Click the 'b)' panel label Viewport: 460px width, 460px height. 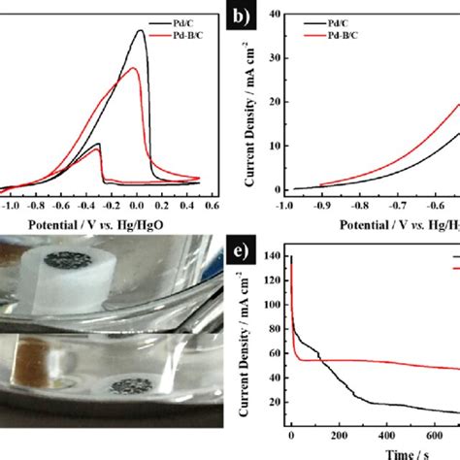tap(239, 16)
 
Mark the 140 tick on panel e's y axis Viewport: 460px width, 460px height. tap(267, 256)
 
